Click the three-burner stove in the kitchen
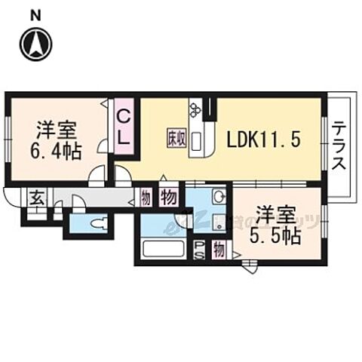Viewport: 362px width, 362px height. click(x=195, y=110)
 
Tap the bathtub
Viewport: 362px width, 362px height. click(x=162, y=249)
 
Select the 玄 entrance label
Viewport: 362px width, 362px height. click(x=35, y=198)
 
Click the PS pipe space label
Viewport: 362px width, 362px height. click(x=199, y=248)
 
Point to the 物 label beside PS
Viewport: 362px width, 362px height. click(x=218, y=248)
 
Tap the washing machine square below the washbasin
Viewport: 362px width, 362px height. click(x=218, y=222)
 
